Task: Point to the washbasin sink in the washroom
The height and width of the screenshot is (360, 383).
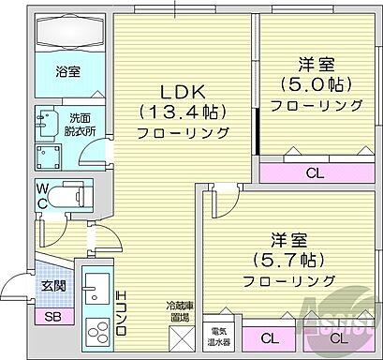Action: point(44,121)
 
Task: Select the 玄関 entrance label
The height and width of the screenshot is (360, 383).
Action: point(52,286)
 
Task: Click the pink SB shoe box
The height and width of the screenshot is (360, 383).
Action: point(53,316)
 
